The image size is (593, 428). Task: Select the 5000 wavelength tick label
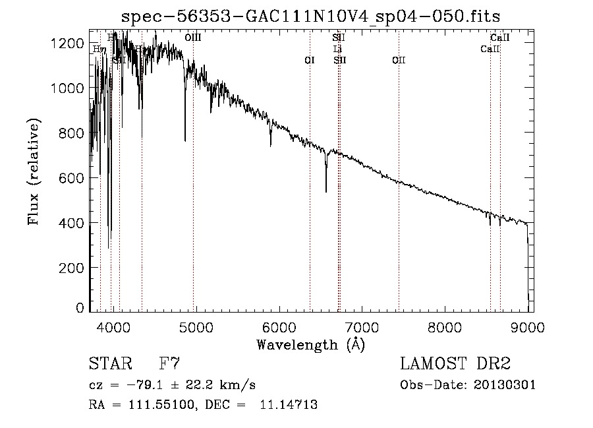196,326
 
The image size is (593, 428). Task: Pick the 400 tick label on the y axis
74,224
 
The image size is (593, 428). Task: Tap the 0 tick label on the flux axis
80,308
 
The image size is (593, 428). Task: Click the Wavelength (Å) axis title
310,344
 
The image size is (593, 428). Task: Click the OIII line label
193,39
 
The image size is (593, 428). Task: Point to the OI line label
310,61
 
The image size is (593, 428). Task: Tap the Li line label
338,49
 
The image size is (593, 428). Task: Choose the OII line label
399,61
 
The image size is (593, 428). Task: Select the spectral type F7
169,364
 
